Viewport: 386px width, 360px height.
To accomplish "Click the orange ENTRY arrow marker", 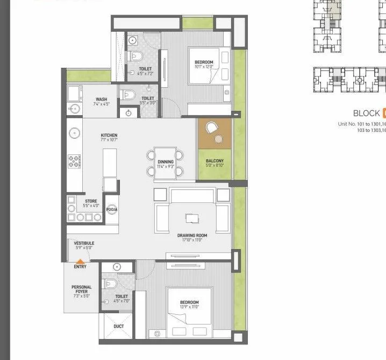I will tap(80, 261).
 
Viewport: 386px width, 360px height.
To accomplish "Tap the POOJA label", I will tap(112, 209).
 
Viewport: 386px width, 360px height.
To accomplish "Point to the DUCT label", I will tap(119, 326).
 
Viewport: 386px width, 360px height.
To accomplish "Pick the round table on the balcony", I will tap(218, 139).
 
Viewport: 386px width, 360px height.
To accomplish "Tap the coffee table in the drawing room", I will tap(192, 218).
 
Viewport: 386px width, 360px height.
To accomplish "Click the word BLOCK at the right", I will tap(366, 113).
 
